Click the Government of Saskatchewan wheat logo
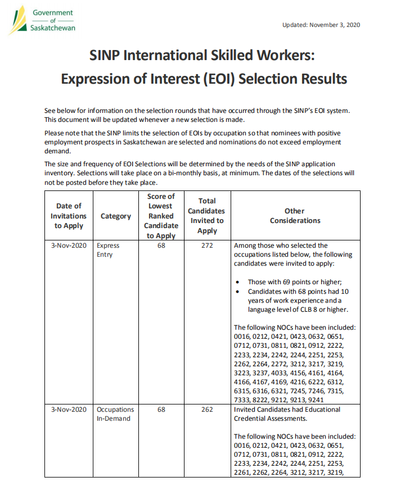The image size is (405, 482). (19, 20)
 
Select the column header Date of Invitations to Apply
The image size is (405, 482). (69, 216)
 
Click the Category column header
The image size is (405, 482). (116, 216)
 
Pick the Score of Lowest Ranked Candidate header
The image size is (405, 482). (161, 216)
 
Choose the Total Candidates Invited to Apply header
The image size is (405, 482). (207, 216)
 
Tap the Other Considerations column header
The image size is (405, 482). (295, 216)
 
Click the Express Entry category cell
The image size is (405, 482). (108, 250)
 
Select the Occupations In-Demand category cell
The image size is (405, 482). (115, 413)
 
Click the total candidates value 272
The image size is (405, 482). (207, 245)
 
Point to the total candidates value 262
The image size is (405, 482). (207, 410)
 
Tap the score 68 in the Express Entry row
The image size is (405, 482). (161, 245)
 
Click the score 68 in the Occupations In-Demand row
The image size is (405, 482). (161, 410)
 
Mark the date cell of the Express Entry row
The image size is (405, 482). (69, 245)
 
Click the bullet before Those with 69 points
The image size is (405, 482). (240, 283)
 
